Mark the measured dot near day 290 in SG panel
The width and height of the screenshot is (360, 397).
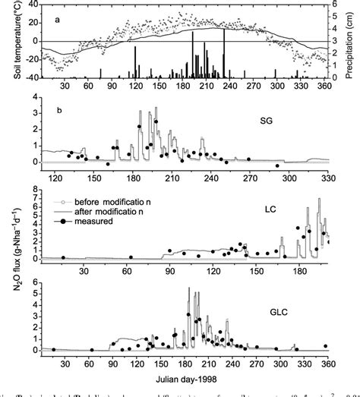tap(277, 165)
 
